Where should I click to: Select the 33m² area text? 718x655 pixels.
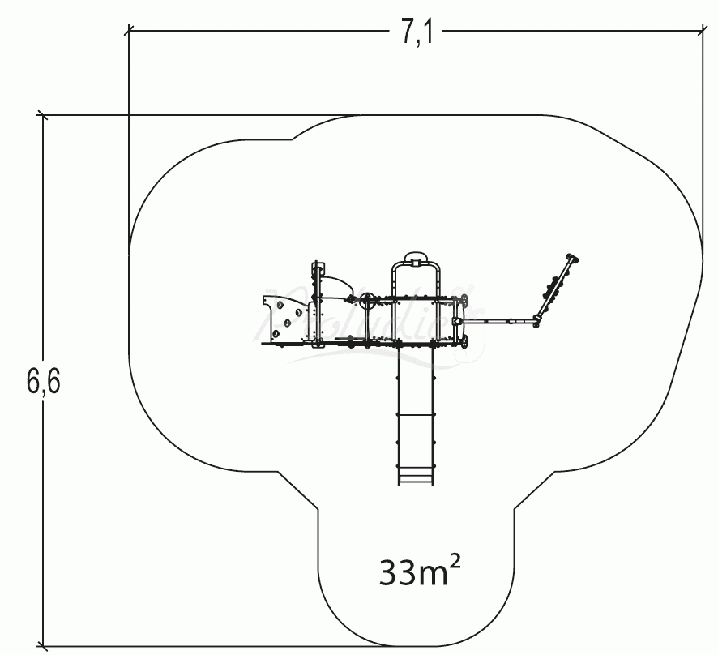coord(419,572)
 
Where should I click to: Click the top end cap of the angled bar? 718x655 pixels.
coord(575,259)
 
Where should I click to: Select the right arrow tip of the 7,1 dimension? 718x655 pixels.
coord(701,31)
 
